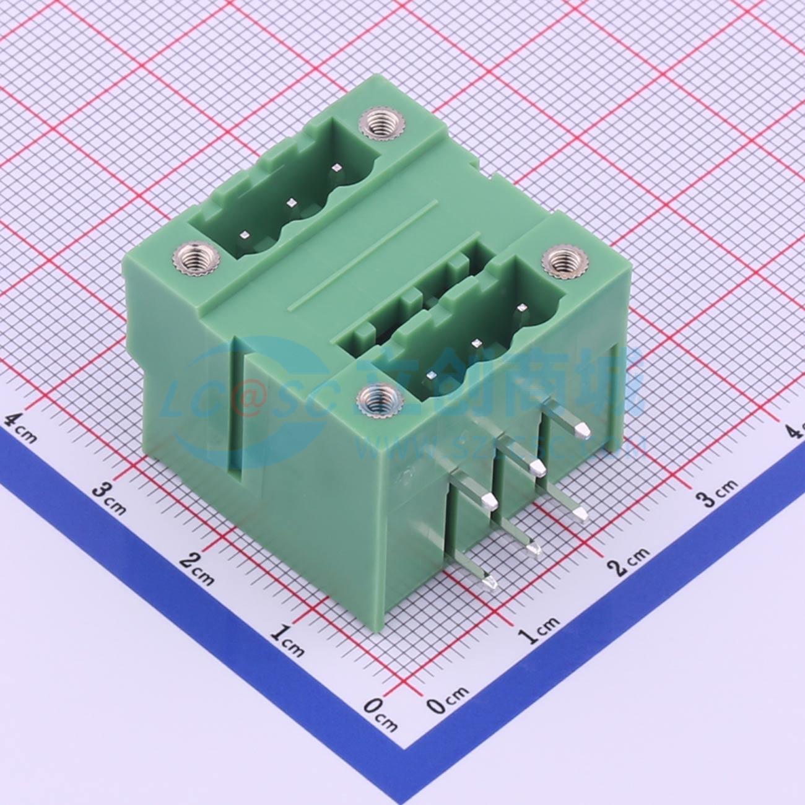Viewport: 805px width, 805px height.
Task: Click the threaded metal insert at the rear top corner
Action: point(375,125)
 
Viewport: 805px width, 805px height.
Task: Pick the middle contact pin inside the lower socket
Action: point(476,342)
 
